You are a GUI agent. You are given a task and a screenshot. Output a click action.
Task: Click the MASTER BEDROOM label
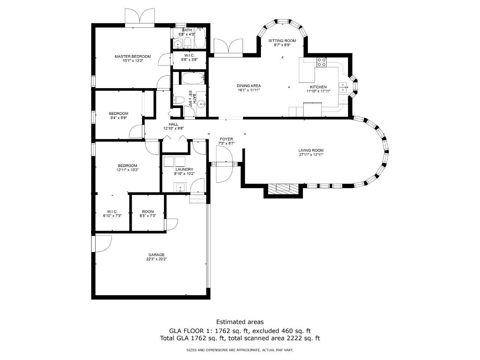133,56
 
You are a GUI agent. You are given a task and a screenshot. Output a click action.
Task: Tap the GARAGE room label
156,255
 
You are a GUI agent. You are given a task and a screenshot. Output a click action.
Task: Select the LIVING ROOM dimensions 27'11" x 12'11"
311,154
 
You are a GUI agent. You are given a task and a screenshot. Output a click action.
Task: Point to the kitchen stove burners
322,62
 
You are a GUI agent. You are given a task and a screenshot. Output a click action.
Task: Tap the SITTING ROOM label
282,40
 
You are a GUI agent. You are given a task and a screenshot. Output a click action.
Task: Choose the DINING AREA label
249,86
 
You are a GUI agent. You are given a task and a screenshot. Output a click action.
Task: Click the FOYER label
226,139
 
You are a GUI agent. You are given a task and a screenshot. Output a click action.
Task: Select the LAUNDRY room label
184,169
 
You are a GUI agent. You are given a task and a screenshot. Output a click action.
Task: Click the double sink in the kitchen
343,88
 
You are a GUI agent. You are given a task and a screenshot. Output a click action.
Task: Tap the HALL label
173,124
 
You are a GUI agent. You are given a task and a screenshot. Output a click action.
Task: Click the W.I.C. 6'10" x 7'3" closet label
112,213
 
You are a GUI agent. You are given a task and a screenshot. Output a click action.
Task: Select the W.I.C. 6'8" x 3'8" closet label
189,57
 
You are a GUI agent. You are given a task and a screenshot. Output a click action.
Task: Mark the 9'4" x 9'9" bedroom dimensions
118,118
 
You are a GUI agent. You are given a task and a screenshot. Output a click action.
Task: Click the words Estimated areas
240,322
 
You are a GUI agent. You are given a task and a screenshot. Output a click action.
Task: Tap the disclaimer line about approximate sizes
240,350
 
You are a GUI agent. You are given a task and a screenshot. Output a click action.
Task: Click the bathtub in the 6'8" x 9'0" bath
193,78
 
